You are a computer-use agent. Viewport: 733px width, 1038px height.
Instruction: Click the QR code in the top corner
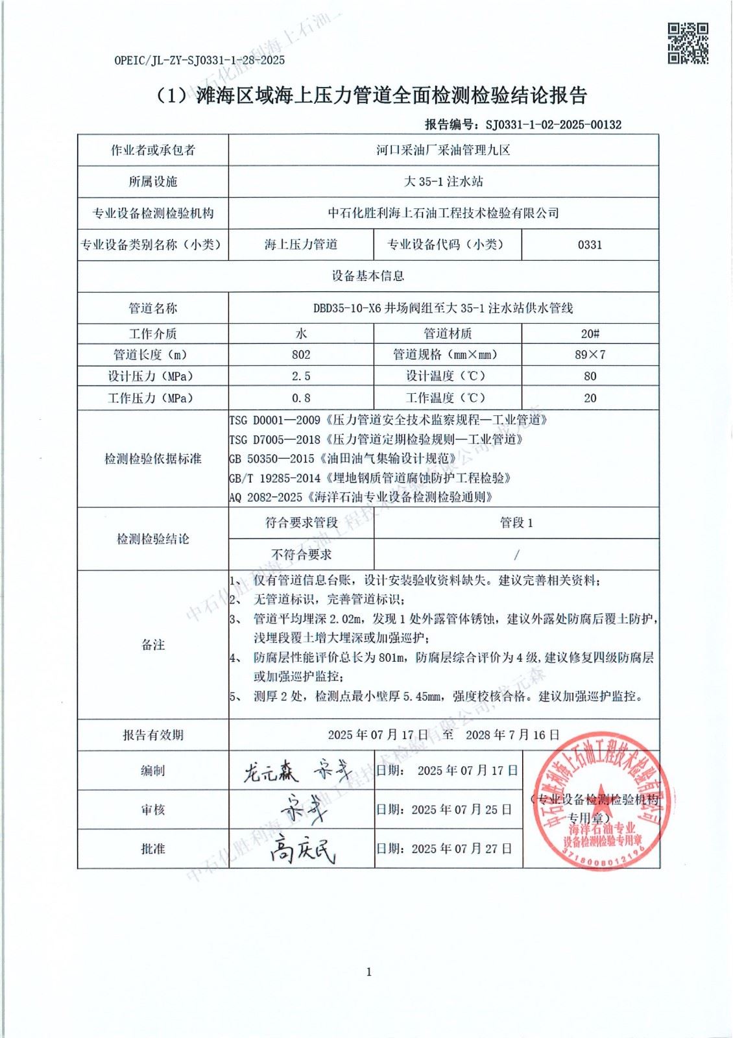(x=688, y=43)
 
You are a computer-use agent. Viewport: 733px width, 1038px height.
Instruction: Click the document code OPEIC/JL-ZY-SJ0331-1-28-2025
(x=199, y=60)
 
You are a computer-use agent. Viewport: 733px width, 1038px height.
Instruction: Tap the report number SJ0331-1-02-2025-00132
(x=553, y=125)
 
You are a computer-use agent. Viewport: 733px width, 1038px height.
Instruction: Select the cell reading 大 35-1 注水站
(x=444, y=182)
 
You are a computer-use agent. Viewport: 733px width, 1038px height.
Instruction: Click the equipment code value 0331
(x=590, y=245)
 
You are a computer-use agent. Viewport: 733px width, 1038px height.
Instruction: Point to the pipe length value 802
(x=301, y=355)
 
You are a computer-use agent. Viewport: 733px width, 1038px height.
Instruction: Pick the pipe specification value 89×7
(x=590, y=355)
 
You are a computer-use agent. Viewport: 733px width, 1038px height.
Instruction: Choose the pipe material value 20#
(x=590, y=333)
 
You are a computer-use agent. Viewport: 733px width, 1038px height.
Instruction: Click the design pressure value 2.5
(x=301, y=376)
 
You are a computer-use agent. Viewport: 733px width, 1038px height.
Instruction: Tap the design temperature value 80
(x=590, y=376)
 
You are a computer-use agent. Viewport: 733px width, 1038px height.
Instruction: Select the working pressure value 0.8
(x=301, y=398)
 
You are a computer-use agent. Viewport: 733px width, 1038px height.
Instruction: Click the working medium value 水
(x=301, y=333)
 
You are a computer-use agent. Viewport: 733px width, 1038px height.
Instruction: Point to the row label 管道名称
(x=153, y=308)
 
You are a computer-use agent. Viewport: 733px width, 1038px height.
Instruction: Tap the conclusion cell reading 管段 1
(x=516, y=523)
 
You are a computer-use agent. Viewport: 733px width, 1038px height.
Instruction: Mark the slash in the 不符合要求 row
(x=516, y=555)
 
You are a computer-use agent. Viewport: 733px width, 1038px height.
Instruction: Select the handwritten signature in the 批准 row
(x=302, y=849)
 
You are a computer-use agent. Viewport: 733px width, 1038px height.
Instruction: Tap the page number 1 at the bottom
(x=369, y=971)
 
